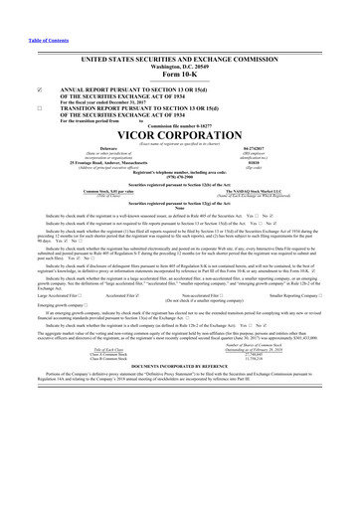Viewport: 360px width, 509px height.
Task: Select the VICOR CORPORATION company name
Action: click(179, 133)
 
